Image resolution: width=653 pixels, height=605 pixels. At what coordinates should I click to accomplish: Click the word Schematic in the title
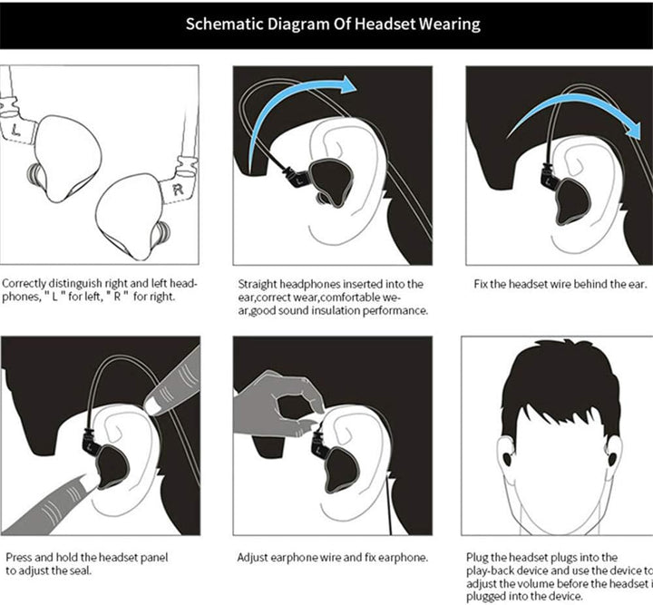tap(229, 23)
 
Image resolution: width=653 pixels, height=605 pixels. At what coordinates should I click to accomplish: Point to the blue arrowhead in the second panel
tap(346, 86)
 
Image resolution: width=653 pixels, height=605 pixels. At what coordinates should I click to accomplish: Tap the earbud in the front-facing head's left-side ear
tap(506, 457)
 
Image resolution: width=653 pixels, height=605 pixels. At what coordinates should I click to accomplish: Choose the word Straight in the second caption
tap(259, 284)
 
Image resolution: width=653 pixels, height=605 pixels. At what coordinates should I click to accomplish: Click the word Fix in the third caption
tap(482, 284)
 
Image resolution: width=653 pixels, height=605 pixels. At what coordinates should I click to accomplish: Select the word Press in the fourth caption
tap(21, 557)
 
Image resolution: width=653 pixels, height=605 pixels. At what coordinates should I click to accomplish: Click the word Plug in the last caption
tap(478, 557)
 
